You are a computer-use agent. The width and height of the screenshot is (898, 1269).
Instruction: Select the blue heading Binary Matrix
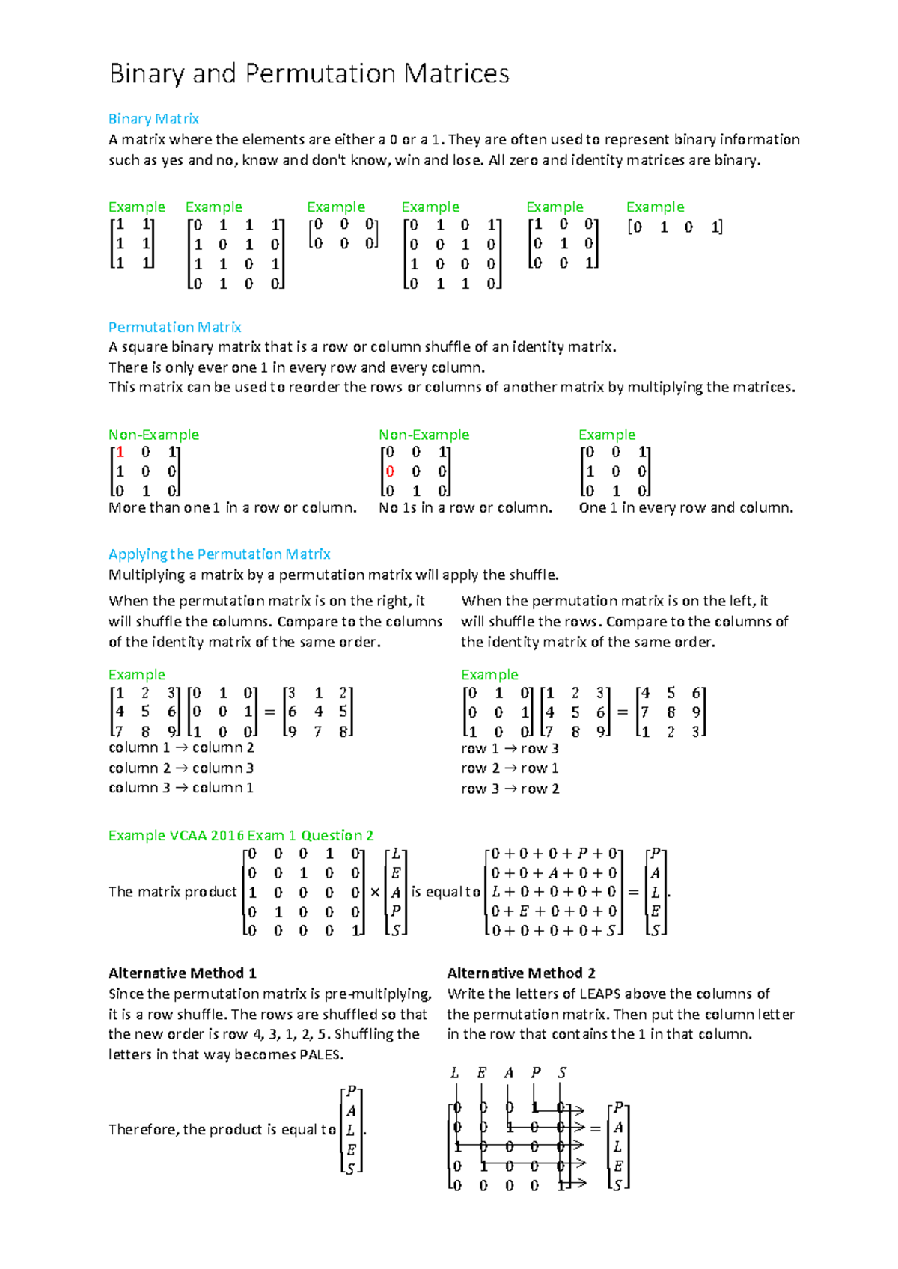click(153, 119)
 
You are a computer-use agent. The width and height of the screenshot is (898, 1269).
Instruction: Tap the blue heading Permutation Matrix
click(174, 327)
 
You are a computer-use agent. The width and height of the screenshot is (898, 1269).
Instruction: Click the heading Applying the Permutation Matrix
click(219, 554)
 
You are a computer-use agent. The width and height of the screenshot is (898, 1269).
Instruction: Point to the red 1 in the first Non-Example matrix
click(120, 452)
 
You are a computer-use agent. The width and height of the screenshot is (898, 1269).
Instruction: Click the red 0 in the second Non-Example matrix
click(390, 471)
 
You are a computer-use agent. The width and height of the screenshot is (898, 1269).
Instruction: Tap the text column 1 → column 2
click(181, 747)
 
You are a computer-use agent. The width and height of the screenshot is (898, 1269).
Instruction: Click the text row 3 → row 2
click(510, 789)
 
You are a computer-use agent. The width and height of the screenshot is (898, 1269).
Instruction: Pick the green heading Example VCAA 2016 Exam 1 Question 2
click(240, 835)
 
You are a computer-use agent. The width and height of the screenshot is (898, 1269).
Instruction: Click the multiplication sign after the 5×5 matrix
click(375, 893)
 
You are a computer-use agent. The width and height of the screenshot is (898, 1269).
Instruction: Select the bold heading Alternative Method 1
click(182, 973)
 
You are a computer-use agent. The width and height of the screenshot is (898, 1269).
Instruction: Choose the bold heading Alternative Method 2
click(521, 973)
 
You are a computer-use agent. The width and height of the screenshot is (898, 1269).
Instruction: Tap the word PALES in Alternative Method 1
click(320, 1055)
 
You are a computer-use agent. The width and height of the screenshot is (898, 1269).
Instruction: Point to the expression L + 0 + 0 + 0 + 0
click(554, 892)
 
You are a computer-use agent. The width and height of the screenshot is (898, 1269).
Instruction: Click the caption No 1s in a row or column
click(465, 507)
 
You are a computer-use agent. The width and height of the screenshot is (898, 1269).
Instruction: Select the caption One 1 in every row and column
click(685, 507)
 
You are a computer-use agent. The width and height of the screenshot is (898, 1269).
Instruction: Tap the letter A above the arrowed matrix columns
click(509, 1073)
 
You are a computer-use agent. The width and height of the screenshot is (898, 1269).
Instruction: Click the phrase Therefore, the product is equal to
click(222, 1129)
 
